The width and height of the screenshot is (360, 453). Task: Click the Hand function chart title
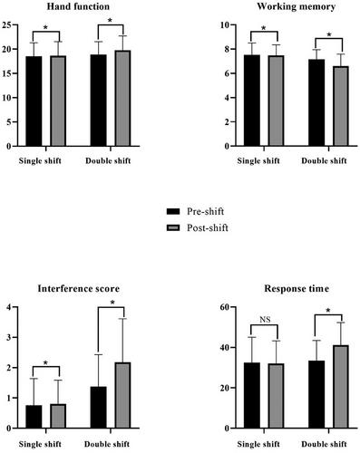click(78, 6)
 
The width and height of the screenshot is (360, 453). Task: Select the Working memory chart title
click(297, 7)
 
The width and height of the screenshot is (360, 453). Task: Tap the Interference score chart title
click(79, 288)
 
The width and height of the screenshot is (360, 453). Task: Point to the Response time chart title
click(297, 289)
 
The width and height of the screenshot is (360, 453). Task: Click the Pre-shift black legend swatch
click(173, 211)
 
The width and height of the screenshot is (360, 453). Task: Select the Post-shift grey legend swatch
click(173, 227)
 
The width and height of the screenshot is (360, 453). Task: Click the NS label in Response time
click(265, 320)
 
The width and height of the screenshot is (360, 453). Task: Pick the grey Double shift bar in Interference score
click(122, 395)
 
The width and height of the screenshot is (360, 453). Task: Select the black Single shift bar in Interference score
click(34, 417)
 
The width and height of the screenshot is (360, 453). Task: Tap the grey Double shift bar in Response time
click(341, 387)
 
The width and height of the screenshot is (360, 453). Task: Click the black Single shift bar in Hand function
click(34, 101)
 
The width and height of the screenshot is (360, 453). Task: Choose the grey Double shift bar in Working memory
click(341, 106)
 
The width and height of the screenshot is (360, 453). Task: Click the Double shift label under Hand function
click(108, 161)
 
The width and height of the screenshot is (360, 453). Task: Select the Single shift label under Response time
click(258, 445)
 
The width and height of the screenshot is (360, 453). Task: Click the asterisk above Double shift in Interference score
click(112, 302)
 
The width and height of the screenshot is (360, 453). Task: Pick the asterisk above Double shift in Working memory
click(329, 34)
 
